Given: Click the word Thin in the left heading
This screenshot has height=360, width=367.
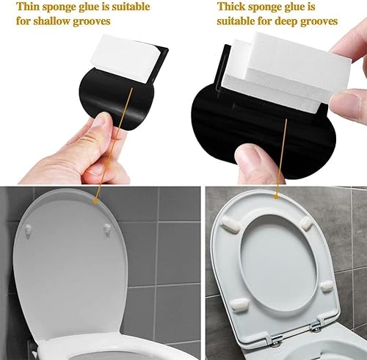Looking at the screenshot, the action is point(27,7).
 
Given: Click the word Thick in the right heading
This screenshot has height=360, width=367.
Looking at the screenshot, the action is point(230,7).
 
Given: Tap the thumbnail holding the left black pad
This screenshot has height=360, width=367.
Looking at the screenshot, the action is point(102,120).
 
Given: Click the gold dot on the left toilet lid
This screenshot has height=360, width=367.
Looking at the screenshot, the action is point(96,201).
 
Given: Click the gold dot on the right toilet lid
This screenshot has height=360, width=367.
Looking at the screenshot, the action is point(276,196).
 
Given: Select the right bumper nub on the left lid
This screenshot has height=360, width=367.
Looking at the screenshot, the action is point(107,230).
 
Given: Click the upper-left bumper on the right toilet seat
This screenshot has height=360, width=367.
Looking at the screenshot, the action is point(231,224).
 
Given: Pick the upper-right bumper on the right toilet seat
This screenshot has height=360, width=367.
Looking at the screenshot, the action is point(306,223).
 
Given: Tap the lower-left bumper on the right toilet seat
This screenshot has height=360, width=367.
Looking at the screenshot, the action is point(240,305).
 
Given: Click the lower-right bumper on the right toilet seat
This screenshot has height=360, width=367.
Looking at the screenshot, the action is point(327,286).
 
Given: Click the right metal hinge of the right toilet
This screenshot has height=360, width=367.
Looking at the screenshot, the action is point(317,325).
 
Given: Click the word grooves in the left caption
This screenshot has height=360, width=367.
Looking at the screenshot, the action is point(92,22).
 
